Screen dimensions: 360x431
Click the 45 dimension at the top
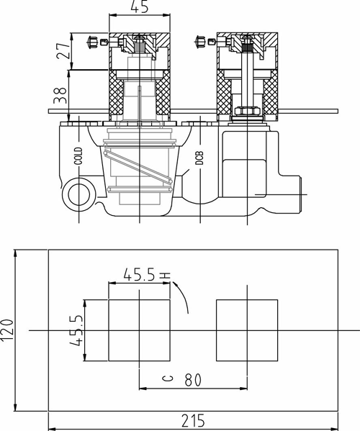point(140,6)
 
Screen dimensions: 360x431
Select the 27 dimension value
point(63,50)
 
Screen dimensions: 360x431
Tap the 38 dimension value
point(60,96)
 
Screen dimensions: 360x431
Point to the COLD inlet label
point(78,156)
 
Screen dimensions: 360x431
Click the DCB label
point(199,158)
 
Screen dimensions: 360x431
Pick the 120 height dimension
point(6,330)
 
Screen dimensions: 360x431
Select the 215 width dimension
point(194,421)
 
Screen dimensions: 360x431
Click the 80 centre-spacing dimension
point(193,380)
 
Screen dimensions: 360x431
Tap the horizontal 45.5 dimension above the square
point(140,275)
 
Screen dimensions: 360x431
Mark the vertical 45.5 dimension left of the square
point(76,330)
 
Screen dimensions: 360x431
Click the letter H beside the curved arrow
point(166,275)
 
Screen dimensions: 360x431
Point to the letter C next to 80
point(168,378)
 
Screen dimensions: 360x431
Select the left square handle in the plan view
point(139,330)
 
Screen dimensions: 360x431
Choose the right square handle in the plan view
point(247,330)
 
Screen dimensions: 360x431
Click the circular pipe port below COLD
point(79,195)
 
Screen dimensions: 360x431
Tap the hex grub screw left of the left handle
point(92,42)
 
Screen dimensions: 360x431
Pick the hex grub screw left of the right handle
point(200,42)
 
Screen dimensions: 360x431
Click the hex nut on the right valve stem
point(247,111)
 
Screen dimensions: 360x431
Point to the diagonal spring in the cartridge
point(138,166)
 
